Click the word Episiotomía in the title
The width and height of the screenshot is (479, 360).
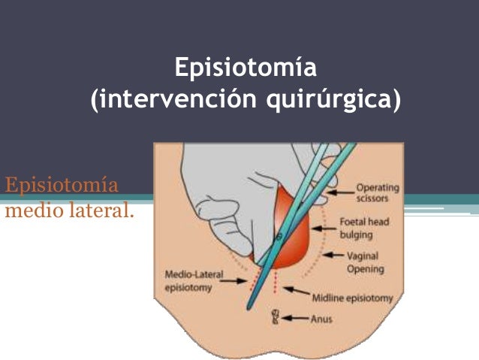pos(245,68)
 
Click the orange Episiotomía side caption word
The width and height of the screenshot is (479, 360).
pos(62,185)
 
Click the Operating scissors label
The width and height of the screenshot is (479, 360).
pos(377,193)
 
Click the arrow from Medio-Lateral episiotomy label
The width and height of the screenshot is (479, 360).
pos(239,283)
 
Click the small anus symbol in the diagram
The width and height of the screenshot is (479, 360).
pos(276,317)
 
